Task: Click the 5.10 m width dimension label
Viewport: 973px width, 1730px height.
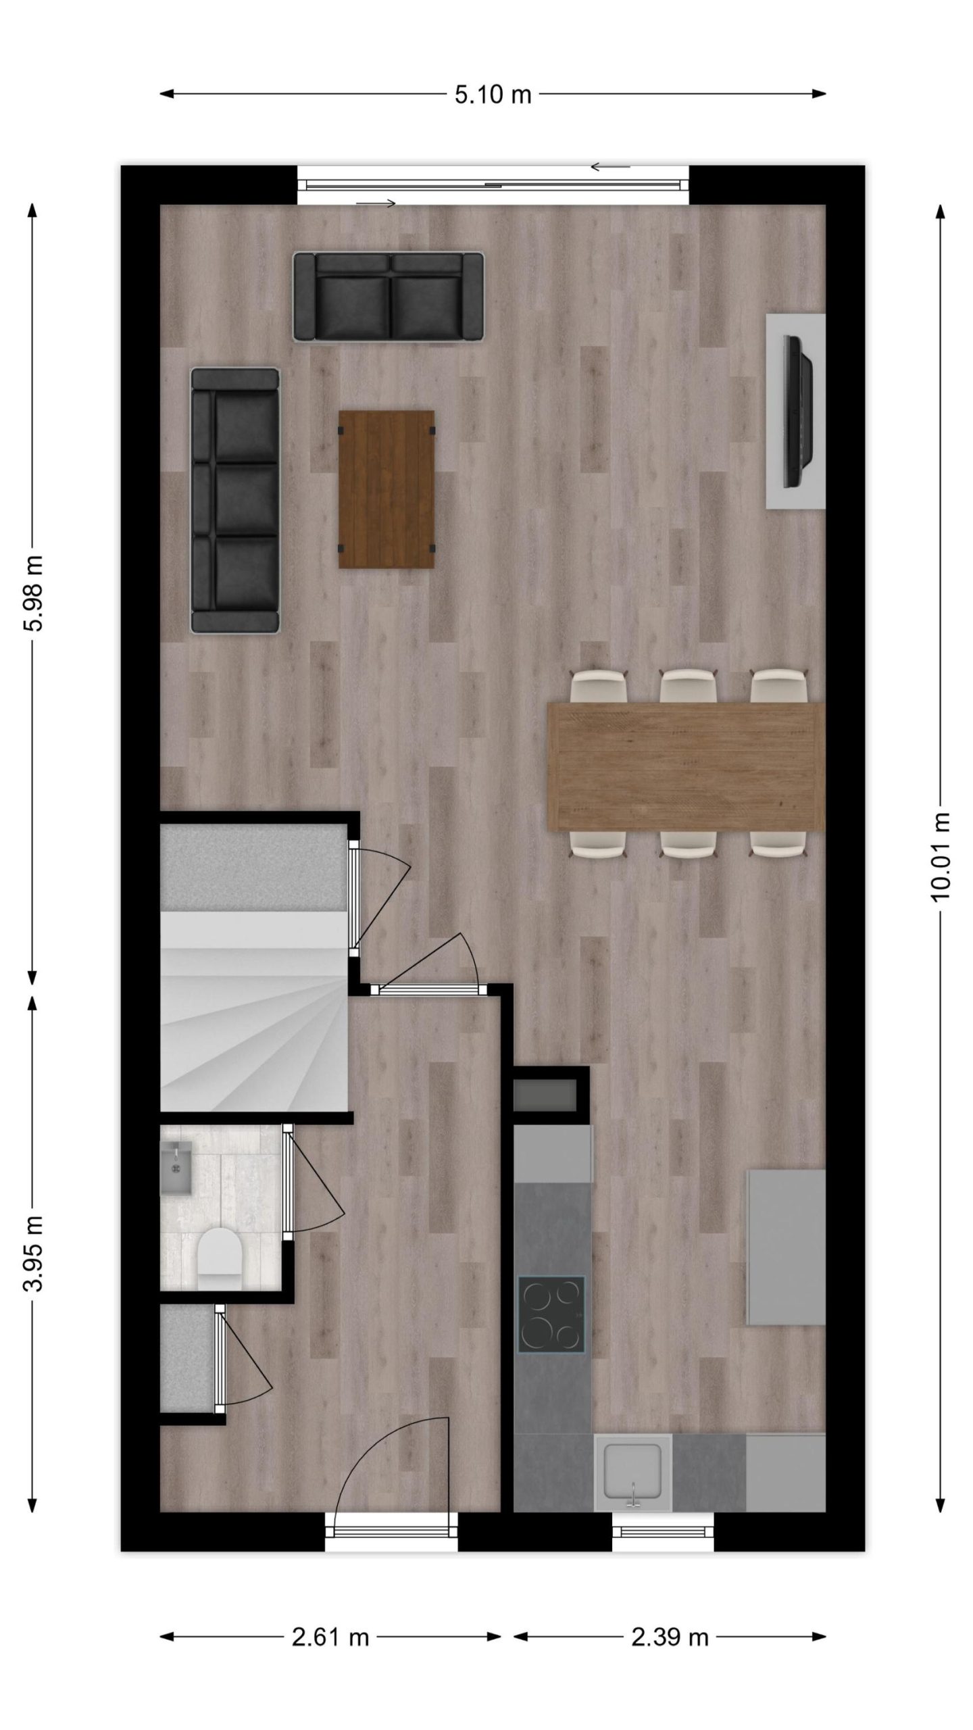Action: (493, 95)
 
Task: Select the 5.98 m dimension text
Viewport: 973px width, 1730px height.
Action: (33, 593)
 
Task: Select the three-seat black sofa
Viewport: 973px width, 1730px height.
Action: (235, 501)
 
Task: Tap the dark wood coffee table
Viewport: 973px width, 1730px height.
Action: (386, 489)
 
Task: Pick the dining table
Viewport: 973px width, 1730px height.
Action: (687, 766)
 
